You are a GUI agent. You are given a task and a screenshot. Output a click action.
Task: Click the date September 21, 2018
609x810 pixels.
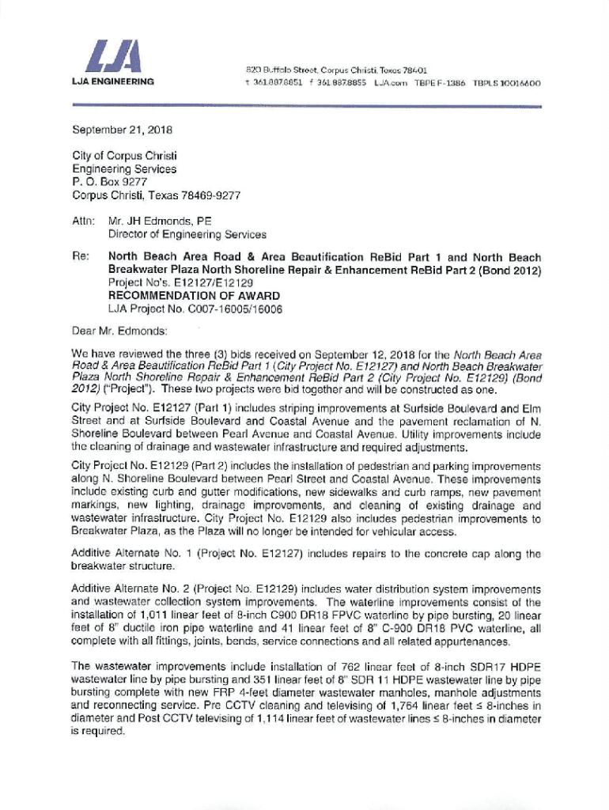[x=123, y=129]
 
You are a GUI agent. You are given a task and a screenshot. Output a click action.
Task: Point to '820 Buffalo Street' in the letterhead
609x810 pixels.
[x=270, y=70]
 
